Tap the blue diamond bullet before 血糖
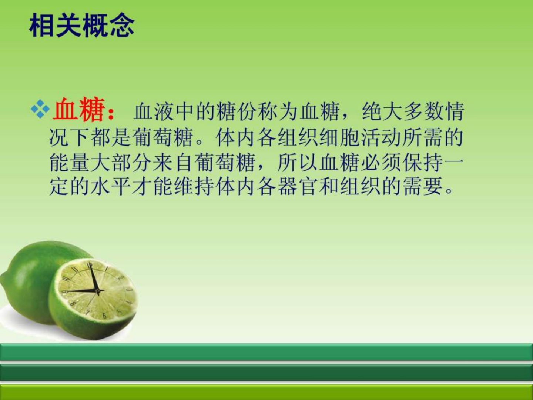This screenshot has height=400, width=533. [x=40, y=109]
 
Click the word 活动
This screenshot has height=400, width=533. [x=381, y=138]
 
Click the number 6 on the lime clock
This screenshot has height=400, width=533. [x=104, y=316]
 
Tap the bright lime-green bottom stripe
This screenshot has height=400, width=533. [x=266, y=393]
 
